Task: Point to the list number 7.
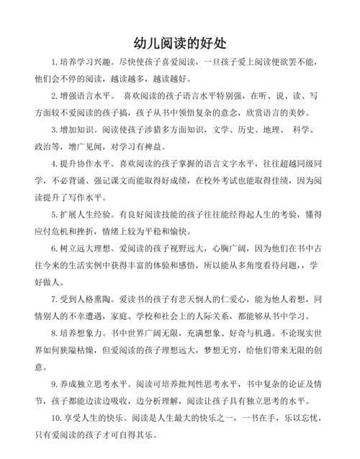coord(54,298)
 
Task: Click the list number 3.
coord(54,130)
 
